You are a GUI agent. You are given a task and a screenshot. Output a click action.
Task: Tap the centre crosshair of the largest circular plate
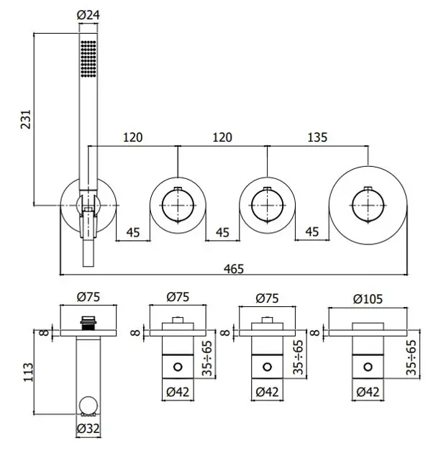coord(368,206)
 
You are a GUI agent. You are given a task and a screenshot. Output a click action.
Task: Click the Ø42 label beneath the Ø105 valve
coord(369,393)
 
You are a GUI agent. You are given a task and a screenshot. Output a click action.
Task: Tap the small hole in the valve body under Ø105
coord(369,367)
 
